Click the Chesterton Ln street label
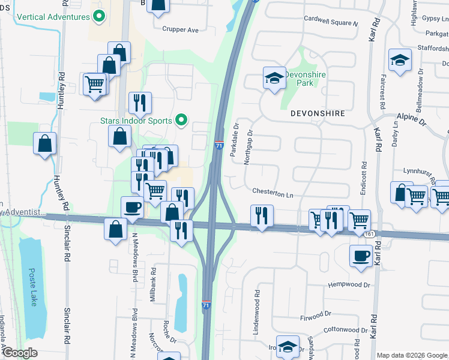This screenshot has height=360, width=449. click(273, 195)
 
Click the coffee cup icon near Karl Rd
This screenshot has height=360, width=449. click(361, 254)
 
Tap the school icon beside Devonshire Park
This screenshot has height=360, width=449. click(274, 78)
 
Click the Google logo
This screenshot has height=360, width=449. click(20, 353)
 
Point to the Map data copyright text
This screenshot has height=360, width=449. click(412, 355)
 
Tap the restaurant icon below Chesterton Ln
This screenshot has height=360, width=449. click(262, 215)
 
